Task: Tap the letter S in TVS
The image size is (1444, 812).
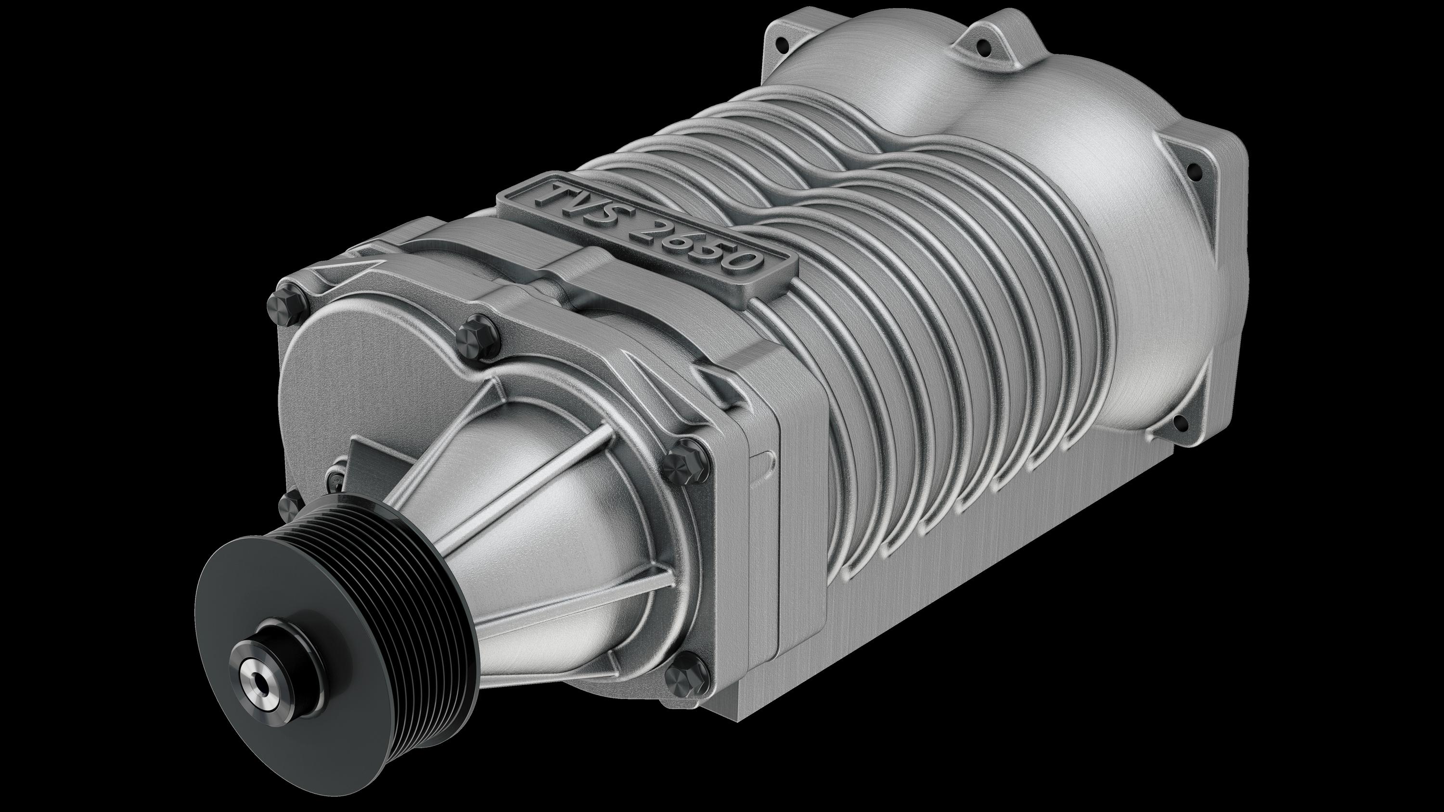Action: pyautogui.click(x=614, y=219)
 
